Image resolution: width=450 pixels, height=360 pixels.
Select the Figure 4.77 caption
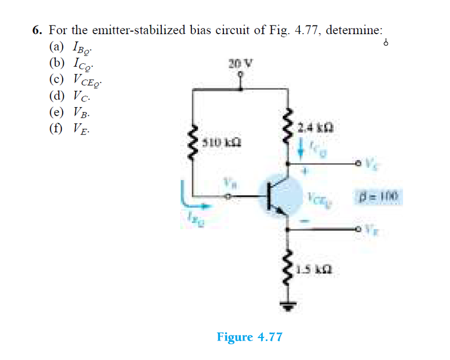(249, 337)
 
